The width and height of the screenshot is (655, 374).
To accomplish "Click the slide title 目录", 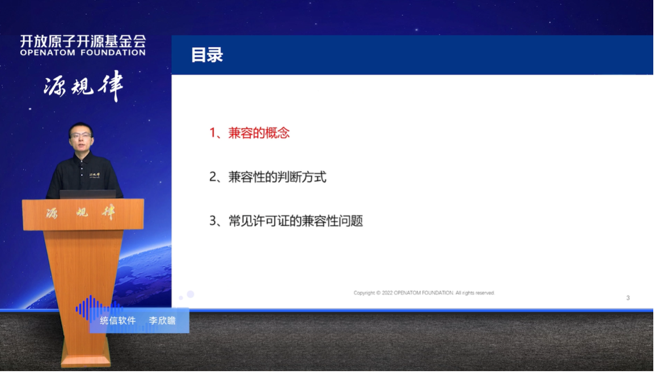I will coord(207,55).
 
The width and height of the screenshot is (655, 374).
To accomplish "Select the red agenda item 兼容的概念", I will coord(259,133).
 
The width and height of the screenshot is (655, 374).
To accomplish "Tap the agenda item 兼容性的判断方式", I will coord(277,177).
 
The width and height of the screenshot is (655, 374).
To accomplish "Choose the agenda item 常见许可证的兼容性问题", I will coord(295,221).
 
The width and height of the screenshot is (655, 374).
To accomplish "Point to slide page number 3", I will coord(628,298).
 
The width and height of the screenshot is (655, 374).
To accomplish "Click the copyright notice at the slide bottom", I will coord(424,293).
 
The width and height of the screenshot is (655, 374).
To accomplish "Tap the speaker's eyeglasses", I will coord(81,135).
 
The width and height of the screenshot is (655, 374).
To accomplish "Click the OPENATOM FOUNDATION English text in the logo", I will coord(83,53).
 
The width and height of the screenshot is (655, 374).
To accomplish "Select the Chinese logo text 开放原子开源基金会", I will coord(83,41).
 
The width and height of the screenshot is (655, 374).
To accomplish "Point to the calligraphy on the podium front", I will coord(83,214).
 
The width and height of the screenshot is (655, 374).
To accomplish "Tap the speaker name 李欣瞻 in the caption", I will coord(162,321).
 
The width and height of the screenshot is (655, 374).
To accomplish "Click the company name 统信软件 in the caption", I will coord(118,321).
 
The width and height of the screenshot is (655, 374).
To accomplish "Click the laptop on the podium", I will coord(87,194).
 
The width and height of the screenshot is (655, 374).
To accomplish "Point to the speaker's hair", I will coord(81,126).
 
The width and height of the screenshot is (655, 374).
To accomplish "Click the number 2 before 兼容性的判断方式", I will coord(214,177).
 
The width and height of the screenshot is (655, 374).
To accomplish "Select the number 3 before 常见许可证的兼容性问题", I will coord(214,221).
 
